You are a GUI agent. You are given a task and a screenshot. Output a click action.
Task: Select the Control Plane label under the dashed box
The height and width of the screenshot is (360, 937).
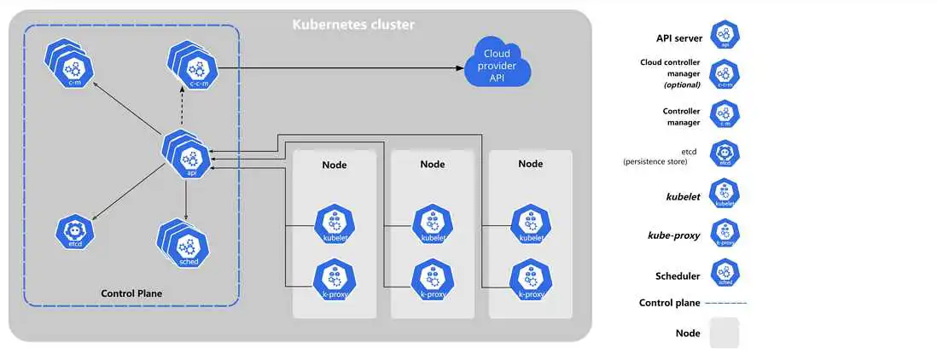(131, 293)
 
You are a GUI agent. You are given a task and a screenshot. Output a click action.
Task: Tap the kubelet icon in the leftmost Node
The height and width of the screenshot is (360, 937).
(334, 224)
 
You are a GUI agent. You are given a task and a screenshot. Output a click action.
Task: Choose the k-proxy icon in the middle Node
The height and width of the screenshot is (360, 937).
(431, 279)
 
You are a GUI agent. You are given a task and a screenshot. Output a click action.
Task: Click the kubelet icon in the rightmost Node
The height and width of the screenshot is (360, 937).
(531, 224)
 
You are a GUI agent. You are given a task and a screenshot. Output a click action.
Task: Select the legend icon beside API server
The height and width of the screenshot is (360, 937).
(725, 35)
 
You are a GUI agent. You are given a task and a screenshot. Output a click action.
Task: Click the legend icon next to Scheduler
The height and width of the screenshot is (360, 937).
(725, 274)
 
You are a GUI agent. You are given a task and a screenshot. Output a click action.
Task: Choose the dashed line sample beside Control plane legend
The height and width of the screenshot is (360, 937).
(728, 303)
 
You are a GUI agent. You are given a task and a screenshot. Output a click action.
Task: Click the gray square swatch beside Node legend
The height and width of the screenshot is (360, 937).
(724, 333)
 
